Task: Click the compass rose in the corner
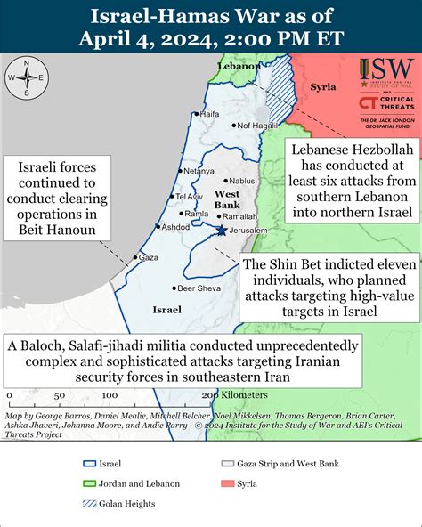click(27, 77)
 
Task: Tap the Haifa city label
click(209, 114)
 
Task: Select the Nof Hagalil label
click(258, 126)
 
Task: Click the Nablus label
click(241, 181)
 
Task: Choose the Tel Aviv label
click(191, 196)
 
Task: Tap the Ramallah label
click(239, 216)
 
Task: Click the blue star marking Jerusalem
click(221, 230)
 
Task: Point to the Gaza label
click(149, 257)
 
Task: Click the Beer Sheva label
click(199, 288)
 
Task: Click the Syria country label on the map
click(322, 88)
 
